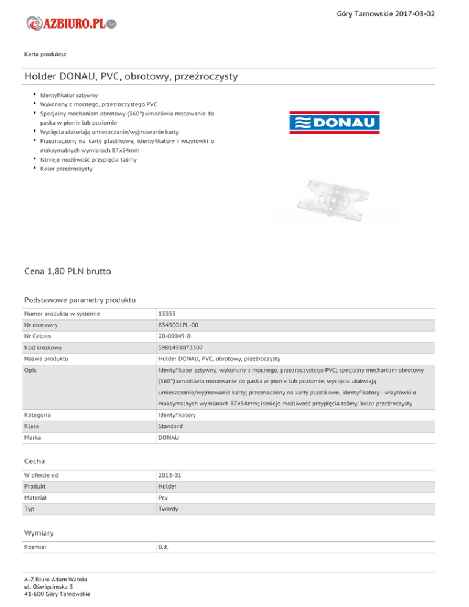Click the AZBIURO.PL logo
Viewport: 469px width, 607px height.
point(72,23)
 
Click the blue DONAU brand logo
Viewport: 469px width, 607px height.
point(334,122)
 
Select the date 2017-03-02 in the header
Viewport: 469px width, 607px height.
point(415,13)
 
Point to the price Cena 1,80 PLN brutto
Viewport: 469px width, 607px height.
point(68,270)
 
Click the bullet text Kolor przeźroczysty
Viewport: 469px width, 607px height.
point(67,169)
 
